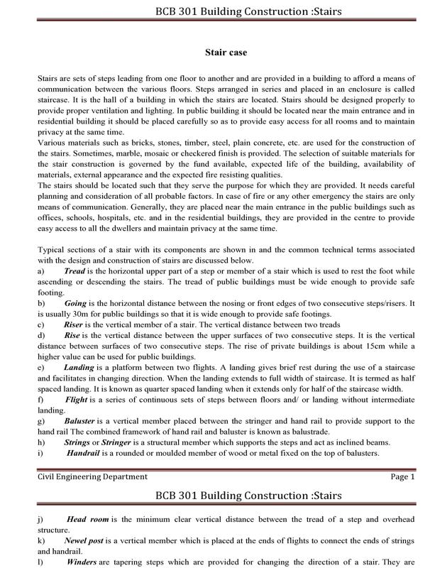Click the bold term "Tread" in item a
74,271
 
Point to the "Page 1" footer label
402,476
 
